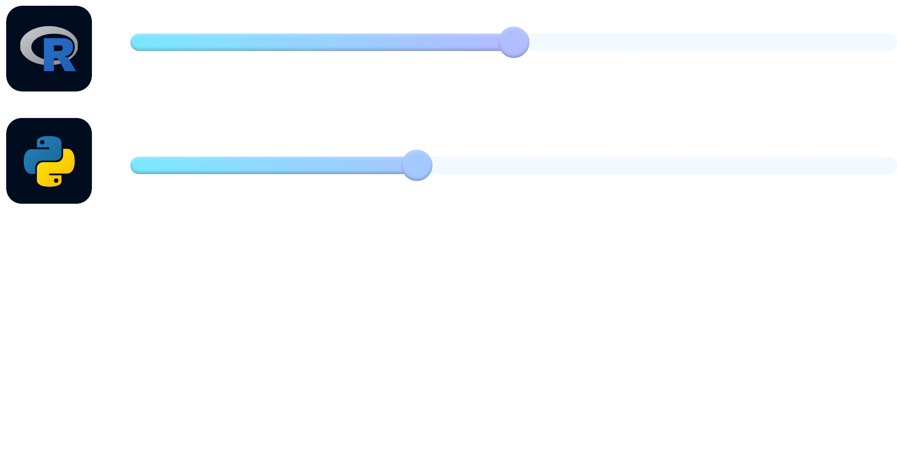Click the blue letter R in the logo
49,55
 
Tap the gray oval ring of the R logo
27,44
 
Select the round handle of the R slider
513,42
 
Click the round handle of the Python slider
417,165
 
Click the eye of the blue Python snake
42,142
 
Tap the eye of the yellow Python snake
56,180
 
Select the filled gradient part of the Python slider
265,165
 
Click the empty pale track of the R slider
707,42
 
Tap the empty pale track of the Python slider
663,165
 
